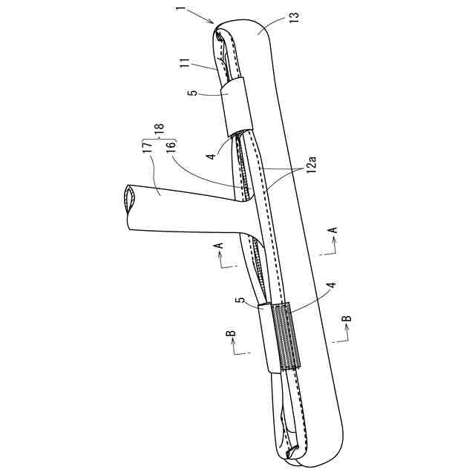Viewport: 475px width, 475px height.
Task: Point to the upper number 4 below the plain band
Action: click(x=212, y=157)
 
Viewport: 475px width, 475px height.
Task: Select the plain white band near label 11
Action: click(x=236, y=105)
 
